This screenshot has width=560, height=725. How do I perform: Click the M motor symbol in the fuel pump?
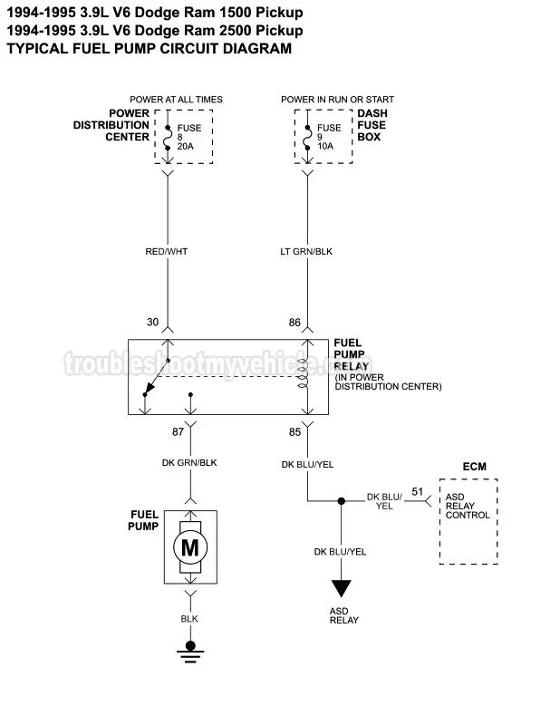189,546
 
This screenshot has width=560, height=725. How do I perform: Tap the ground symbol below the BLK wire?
189,648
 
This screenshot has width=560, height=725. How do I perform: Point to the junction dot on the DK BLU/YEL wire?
342,500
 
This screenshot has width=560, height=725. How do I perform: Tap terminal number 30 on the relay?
152,321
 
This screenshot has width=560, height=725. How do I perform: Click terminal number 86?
294,321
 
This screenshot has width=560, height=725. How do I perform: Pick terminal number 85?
294,432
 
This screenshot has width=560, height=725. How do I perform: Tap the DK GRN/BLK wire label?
189,463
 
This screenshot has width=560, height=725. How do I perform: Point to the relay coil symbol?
306,376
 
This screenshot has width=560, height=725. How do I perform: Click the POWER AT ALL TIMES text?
176,100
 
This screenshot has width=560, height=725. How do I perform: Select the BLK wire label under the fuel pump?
189,618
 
